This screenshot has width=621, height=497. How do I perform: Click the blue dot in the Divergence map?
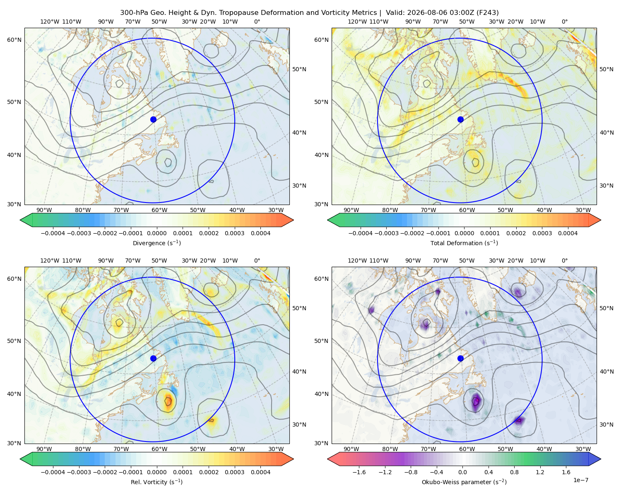(x=153, y=119)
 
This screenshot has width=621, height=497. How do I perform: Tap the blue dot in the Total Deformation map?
(x=460, y=119)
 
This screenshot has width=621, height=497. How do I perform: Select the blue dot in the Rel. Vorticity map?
(x=153, y=358)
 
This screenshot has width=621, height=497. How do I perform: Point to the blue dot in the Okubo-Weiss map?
(x=460, y=358)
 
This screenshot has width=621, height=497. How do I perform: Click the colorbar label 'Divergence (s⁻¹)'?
(x=156, y=243)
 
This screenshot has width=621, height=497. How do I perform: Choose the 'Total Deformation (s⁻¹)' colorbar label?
(x=464, y=243)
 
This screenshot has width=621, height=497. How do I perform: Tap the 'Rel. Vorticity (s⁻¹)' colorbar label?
(x=156, y=482)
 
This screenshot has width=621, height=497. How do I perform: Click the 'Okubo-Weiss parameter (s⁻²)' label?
(x=464, y=482)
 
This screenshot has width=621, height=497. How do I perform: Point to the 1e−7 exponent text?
(x=580, y=480)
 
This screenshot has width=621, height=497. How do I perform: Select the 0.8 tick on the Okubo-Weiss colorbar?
(x=514, y=472)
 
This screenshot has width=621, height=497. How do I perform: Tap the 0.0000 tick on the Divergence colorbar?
(x=156, y=233)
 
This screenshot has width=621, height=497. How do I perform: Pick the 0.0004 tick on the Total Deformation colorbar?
(x=568, y=233)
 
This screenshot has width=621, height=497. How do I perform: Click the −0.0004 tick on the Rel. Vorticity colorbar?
(x=53, y=472)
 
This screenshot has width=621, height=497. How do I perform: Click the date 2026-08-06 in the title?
(x=423, y=13)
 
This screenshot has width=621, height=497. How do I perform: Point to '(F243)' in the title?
(x=488, y=13)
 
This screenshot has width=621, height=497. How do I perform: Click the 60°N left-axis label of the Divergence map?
(x=14, y=40)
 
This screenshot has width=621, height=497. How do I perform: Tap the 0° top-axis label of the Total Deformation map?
(x=564, y=22)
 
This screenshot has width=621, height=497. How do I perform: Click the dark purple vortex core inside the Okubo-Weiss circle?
(x=476, y=400)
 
